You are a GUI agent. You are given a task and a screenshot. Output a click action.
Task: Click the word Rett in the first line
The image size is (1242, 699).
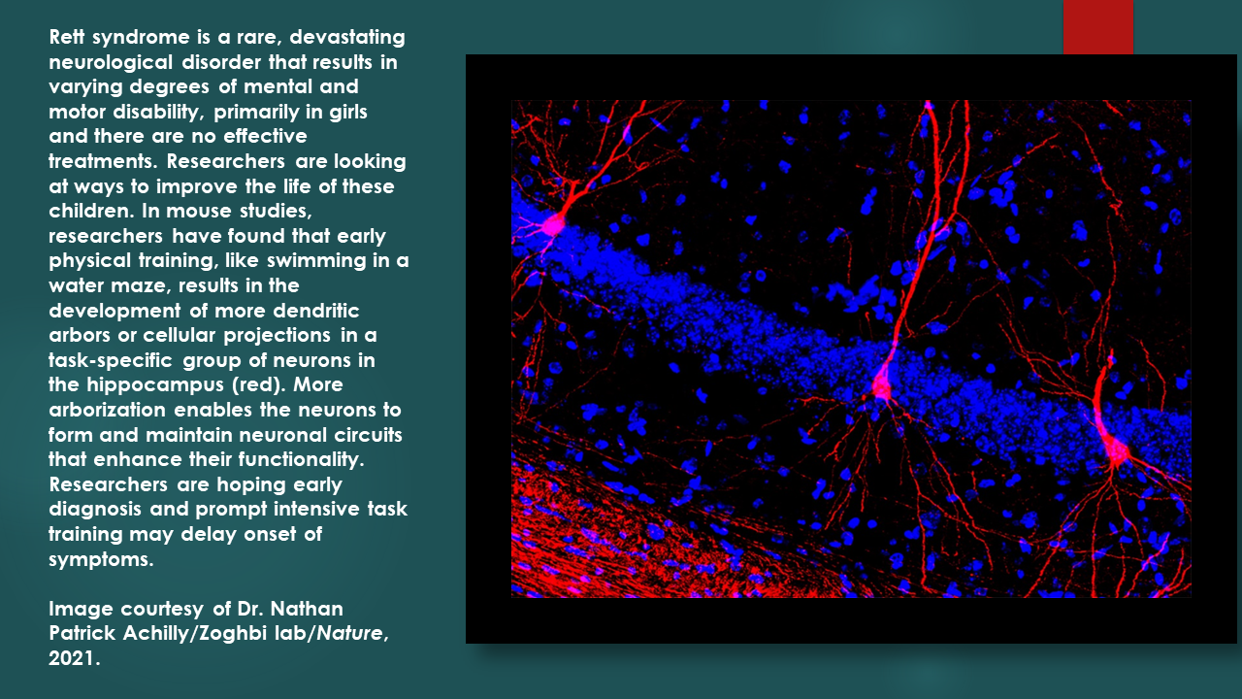pos(67,37)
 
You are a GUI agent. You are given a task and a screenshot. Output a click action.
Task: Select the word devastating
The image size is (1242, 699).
pos(347,37)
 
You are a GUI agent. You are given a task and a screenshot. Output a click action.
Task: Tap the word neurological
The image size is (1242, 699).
pos(111,63)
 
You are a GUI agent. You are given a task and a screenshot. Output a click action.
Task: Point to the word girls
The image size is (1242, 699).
pos(348,112)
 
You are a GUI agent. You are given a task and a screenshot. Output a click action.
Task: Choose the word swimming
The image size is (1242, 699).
pos(312,261)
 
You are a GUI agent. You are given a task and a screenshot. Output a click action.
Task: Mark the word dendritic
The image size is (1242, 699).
pos(316,311)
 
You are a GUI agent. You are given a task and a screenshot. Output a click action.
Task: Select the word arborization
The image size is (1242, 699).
pos(107,410)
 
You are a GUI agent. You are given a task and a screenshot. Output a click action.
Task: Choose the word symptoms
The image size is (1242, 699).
pos(101,559)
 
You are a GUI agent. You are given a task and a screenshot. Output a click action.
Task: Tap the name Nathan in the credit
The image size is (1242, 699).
pos(307,609)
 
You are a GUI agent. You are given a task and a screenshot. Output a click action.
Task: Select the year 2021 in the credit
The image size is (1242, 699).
pos(73,658)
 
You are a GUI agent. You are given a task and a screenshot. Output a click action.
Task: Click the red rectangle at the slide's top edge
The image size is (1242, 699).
pos(1097,26)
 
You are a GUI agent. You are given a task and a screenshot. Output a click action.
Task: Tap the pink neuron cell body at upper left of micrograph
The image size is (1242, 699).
pos(552,225)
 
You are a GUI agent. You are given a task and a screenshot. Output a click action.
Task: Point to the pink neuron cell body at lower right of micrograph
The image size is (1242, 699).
pos(1117,451)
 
